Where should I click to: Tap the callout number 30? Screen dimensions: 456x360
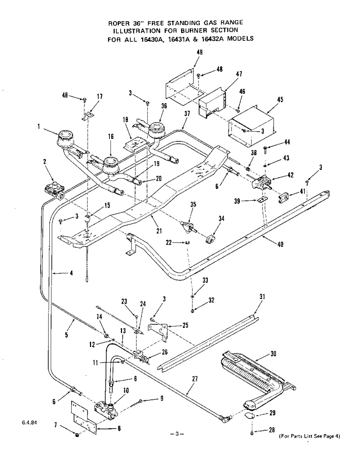point(273,354)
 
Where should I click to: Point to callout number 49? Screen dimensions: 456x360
point(200,53)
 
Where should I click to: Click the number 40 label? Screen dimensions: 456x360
point(280,244)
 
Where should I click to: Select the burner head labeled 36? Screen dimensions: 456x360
point(157,128)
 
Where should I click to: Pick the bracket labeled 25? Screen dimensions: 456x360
point(159,330)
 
